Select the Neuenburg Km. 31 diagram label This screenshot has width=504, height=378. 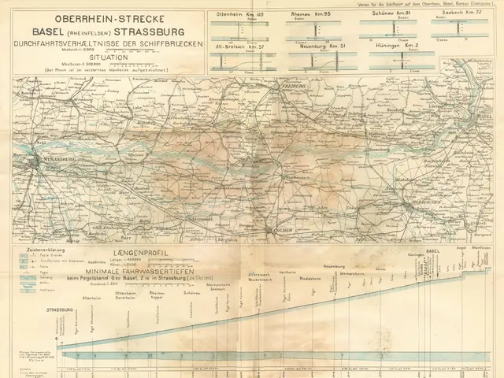coord(318,46)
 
